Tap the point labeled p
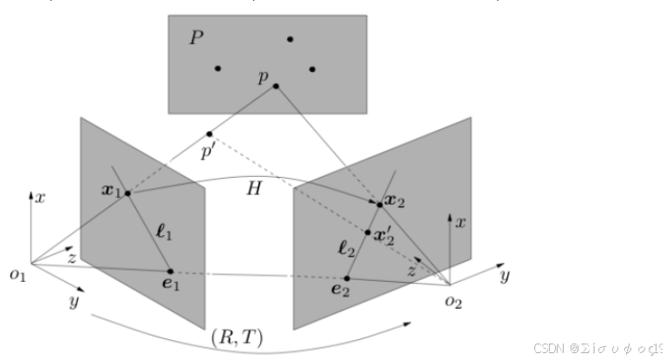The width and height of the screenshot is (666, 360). pos(276,85)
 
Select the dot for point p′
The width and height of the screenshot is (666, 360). pos(209,134)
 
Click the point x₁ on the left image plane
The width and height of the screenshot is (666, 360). pos(127,193)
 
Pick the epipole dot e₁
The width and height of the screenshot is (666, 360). pos(170,272)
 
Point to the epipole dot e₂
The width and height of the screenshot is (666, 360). pos(346,278)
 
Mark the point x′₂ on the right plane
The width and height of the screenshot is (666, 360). pos(368,232)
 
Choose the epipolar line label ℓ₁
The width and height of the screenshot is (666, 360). pos(161,232)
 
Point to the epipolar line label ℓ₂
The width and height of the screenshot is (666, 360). pos(345,249)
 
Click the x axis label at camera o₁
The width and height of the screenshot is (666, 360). pos(40,197)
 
